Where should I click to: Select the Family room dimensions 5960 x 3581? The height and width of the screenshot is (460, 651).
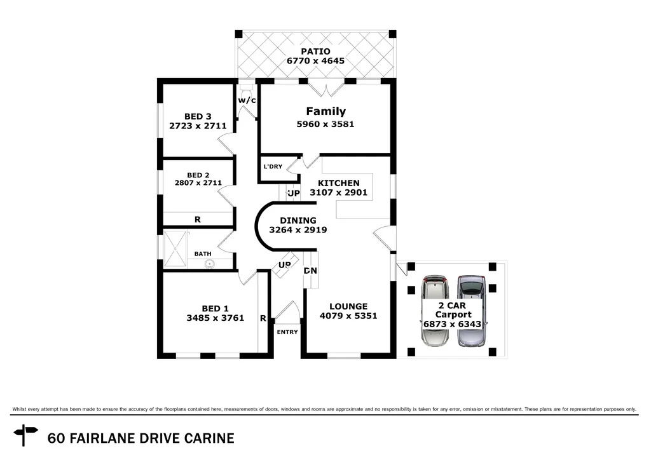[325, 124]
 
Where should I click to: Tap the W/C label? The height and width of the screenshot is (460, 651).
[247, 100]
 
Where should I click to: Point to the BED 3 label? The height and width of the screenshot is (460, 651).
[198, 116]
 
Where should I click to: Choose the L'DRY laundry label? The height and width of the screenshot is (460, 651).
[273, 166]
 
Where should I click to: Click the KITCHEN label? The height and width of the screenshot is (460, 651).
[338, 183]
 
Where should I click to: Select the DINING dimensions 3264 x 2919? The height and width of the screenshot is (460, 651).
[298, 230]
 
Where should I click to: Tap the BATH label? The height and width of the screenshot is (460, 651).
[203, 254]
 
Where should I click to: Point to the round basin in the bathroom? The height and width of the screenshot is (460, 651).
[209, 263]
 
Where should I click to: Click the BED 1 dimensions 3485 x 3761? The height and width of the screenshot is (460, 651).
[215, 318]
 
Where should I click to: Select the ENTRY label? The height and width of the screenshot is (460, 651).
[287, 332]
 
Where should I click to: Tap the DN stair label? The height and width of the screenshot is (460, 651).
[310, 271]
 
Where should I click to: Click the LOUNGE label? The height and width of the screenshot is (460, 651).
[343, 306]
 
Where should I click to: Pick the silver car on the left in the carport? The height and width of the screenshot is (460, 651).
[435, 311]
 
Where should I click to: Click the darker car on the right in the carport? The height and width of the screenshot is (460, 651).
[471, 311]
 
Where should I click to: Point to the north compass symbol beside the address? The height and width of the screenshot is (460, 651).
[26, 435]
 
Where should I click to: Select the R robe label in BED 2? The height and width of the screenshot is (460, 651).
[198, 219]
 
